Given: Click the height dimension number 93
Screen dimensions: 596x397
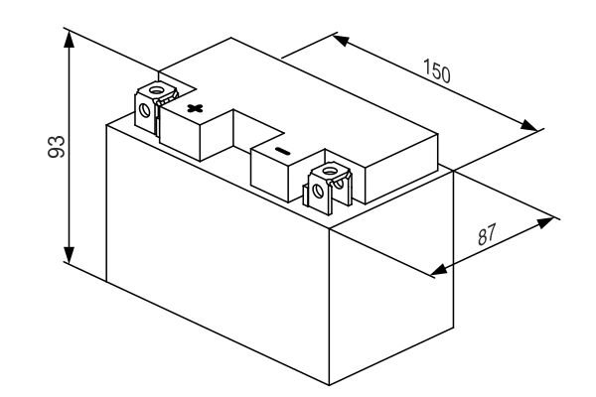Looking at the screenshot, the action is pos(57,146).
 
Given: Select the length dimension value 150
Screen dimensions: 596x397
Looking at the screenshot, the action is pos(437,71).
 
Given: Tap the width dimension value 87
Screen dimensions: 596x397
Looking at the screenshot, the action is pos(487,234).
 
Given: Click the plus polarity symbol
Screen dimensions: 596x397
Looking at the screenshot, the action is pos(195,108).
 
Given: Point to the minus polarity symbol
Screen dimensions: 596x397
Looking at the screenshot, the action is pos(282,152).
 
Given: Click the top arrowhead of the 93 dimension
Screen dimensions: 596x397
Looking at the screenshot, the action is pos(69,39).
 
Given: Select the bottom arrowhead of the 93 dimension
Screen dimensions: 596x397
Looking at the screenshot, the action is pos(69,254).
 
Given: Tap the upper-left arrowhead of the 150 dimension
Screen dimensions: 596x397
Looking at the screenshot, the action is pos(341,40).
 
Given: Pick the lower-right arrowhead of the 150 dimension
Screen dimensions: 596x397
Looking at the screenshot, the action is pos(529,125).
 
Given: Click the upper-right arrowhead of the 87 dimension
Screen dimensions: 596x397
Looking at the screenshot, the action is pos(545,222).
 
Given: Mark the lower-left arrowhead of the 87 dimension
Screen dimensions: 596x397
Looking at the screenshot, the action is pos(439,269).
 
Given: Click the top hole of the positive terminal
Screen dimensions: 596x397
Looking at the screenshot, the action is pos(155,90).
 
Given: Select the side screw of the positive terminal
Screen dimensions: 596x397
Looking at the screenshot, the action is pos(144,110).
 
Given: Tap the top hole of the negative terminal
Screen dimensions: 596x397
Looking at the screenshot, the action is pos(330,170).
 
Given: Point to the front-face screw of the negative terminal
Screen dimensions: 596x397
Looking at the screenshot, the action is pos(318,190).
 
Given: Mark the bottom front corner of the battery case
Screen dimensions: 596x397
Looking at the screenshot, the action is pos(329,385).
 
